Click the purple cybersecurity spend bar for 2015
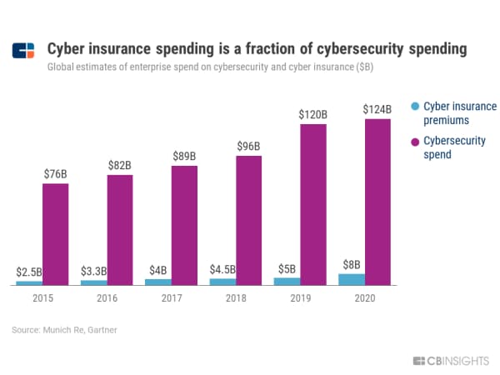coord(55,233)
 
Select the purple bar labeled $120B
coord(313,204)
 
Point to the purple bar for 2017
coord(184,225)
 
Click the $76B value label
coord(55,173)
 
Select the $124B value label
coord(378,109)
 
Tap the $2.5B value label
coord(29,272)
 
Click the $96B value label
coord(249,146)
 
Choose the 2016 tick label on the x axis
coord(107,297)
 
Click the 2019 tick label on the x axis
coord(300,297)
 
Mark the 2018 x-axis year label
coord(236,297)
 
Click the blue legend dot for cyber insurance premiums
coord(414,107)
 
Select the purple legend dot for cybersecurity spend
coord(414,142)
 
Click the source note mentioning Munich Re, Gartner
coord(64,330)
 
